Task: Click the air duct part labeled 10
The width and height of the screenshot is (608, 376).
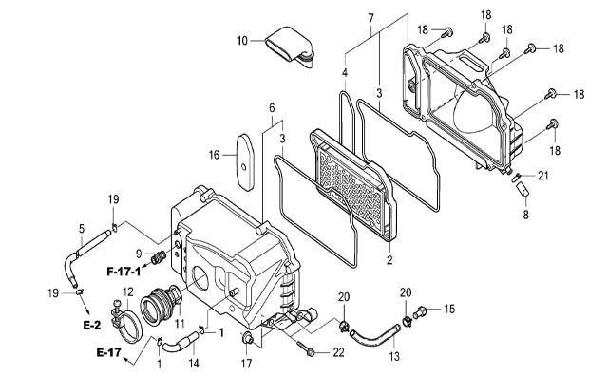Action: [289, 46]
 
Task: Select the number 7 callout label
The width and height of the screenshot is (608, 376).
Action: [370, 18]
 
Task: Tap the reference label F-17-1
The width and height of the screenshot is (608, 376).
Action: [123, 271]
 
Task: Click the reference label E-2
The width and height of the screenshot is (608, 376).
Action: [92, 325]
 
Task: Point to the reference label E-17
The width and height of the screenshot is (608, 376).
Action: [108, 352]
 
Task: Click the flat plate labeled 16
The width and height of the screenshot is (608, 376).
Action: [245, 162]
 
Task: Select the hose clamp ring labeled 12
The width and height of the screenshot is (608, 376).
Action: [126, 322]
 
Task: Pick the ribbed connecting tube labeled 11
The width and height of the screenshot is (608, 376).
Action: [161, 305]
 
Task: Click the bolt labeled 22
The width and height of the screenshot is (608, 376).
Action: [306, 348]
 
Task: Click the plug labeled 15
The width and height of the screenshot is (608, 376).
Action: [419, 312]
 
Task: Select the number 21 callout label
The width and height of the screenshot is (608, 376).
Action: [542, 176]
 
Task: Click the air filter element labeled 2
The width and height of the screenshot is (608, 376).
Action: [353, 185]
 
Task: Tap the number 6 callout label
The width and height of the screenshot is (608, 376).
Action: [272, 108]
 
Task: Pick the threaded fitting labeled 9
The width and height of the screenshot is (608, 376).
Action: [159, 257]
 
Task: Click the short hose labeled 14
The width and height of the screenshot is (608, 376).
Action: [180, 342]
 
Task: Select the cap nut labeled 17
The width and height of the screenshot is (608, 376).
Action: [247, 338]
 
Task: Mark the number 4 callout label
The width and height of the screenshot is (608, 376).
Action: [345, 72]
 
